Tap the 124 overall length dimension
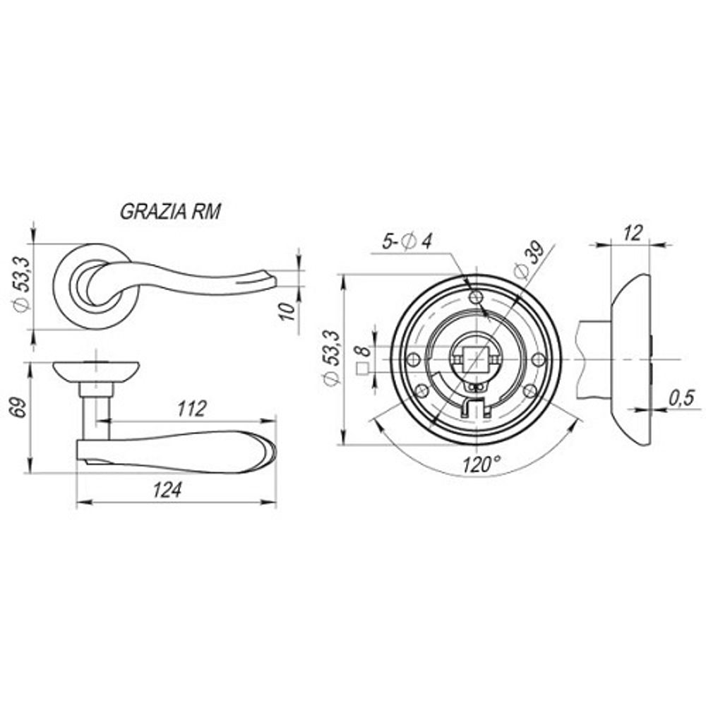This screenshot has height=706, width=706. (167, 489)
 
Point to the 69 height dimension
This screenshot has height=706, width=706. (19, 411)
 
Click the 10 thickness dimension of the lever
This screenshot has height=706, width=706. (286, 311)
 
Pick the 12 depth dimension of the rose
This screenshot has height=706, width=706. (633, 233)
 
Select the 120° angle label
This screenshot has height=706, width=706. (481, 464)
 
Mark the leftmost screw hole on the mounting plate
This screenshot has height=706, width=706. (413, 359)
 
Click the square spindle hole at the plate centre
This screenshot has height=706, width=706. (476, 359)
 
